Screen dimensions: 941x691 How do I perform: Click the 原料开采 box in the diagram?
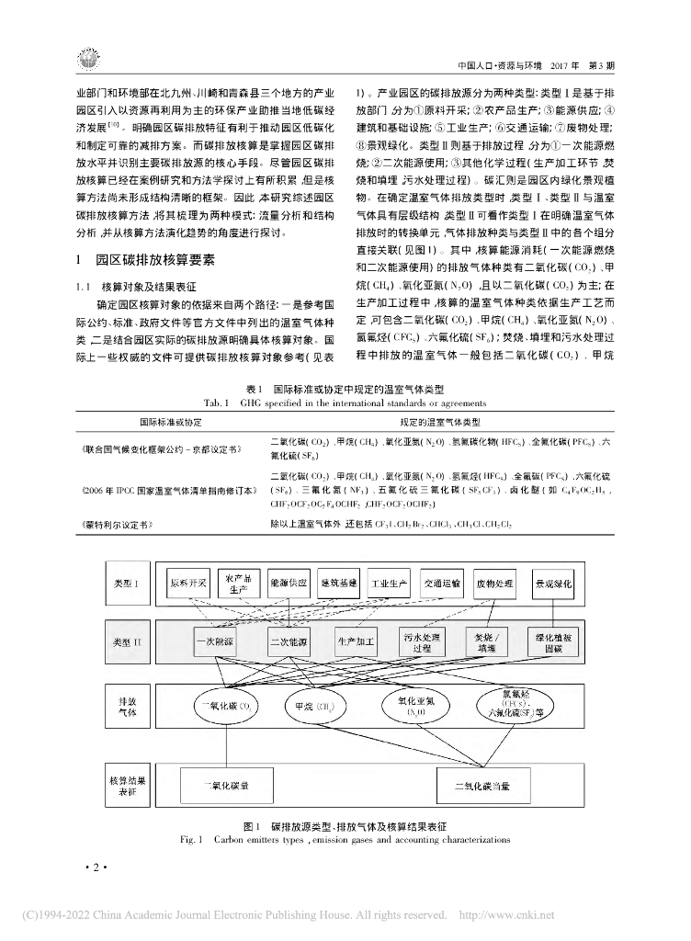[x=187, y=584]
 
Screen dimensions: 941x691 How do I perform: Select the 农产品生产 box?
[x=237, y=584]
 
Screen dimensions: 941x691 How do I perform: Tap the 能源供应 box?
[x=288, y=584]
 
